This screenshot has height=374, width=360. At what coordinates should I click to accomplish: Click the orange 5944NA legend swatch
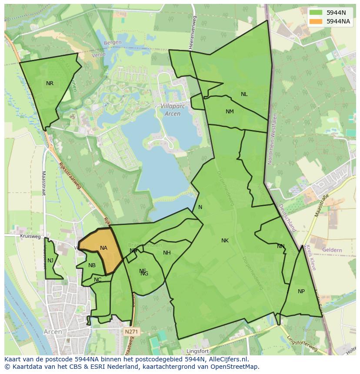tap(316, 21)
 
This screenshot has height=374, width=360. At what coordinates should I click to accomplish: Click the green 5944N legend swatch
tap(316, 12)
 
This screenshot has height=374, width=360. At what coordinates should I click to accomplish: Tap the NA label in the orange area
tap(103, 248)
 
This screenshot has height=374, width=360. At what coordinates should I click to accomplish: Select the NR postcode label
tap(50, 83)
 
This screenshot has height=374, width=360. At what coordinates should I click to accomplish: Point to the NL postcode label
tap(244, 94)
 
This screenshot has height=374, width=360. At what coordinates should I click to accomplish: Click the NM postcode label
tap(230, 112)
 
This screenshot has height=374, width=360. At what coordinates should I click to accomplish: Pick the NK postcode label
tap(225, 241)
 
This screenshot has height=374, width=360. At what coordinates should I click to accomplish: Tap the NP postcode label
tap(301, 291)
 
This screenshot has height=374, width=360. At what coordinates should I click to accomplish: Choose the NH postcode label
tap(167, 253)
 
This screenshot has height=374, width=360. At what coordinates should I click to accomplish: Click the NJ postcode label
tap(50, 261)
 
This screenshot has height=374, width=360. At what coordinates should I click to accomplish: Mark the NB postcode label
tap(92, 265)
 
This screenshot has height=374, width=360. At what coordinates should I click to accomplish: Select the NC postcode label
tap(97, 280)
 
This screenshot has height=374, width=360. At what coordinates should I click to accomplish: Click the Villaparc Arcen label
tap(173, 109)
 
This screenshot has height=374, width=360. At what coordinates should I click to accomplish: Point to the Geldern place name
tap(332, 250)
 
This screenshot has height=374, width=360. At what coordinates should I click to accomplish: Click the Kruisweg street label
tap(30, 237)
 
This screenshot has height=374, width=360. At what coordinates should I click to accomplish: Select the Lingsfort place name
tap(198, 351)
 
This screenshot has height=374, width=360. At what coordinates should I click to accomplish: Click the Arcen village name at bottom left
tap(53, 332)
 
